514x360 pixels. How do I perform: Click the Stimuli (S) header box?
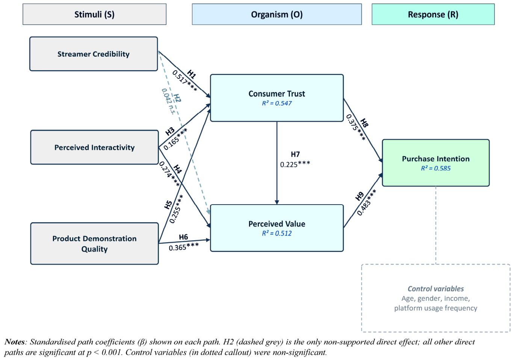(x=94, y=14)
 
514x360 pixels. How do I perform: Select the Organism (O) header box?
(x=277, y=14)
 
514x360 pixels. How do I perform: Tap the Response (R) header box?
(x=433, y=14)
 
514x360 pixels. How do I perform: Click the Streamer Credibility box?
(x=94, y=54)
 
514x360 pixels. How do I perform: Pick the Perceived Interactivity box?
(x=95, y=147)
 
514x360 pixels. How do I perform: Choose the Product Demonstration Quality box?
(x=95, y=244)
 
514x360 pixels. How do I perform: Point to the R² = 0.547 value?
(x=277, y=103)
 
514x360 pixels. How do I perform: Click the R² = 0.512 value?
(x=277, y=233)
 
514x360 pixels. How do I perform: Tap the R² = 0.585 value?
(x=436, y=168)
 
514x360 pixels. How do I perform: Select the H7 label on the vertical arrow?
(x=295, y=154)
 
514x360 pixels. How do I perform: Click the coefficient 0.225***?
(x=295, y=164)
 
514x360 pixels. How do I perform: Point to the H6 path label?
(x=183, y=237)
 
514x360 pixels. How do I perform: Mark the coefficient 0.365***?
(x=184, y=247)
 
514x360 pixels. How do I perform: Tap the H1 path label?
(x=192, y=74)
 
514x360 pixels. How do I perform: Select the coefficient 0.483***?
(x=367, y=202)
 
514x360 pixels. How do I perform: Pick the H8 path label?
(x=364, y=123)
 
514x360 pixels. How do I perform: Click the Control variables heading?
(x=435, y=288)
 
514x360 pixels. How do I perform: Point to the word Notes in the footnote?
(x=14, y=342)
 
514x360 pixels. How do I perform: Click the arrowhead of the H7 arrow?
(x=277, y=202)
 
